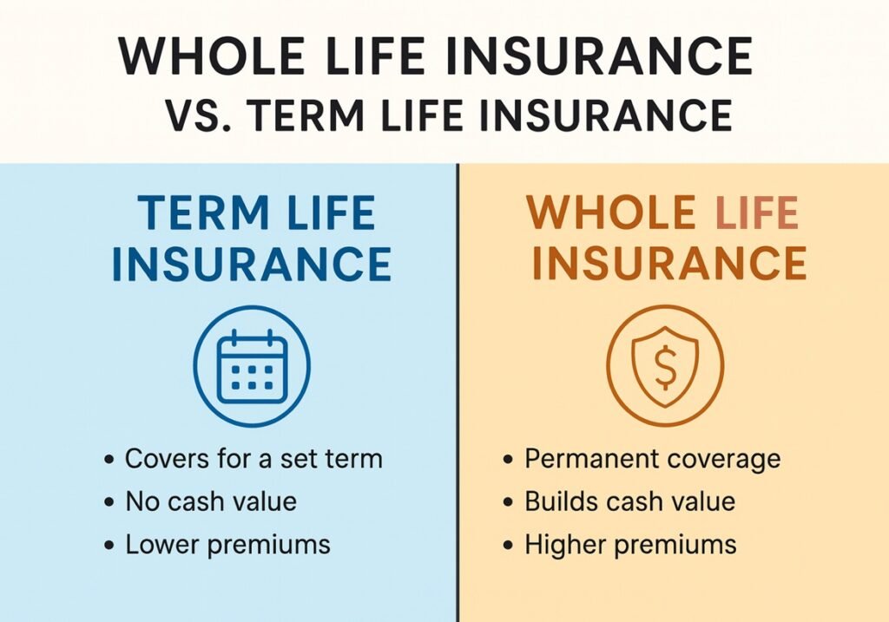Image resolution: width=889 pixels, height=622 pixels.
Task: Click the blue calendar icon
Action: tap(251, 364)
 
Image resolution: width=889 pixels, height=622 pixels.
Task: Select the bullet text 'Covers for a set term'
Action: tap(254, 458)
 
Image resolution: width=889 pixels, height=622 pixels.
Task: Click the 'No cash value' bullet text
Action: tap(211, 501)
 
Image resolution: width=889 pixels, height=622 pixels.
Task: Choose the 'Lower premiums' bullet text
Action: tap(227, 545)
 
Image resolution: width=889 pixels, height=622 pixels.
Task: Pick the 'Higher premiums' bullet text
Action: tap(630, 545)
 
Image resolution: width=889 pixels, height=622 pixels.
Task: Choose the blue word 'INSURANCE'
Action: tap(252, 264)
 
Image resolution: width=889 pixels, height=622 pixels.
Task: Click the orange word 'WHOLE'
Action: tap(611, 213)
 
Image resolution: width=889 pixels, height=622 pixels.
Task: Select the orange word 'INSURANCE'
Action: tap(669, 264)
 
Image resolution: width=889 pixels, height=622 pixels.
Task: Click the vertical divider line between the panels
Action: tap(457, 390)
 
